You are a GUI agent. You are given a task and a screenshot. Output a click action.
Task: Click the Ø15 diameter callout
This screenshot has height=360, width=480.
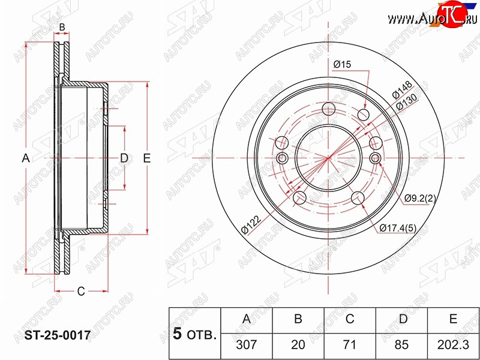[x=342, y=64]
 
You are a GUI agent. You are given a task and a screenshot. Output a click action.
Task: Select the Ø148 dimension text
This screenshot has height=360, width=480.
[x=403, y=89]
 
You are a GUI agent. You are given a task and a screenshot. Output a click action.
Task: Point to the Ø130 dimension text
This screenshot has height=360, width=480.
[x=407, y=101]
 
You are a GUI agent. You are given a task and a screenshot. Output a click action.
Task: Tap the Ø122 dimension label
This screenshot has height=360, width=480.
[x=251, y=224]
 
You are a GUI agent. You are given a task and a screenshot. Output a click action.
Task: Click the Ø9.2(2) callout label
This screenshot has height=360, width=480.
[x=419, y=199]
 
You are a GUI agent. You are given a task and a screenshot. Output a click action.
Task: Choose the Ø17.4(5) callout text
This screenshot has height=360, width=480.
[x=398, y=228]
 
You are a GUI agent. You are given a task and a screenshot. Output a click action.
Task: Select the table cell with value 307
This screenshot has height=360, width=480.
[x=247, y=344]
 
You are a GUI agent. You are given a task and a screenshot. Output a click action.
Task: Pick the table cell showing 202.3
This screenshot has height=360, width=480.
[x=453, y=344]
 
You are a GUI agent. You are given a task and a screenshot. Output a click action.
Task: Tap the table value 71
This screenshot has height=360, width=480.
[x=350, y=344]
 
